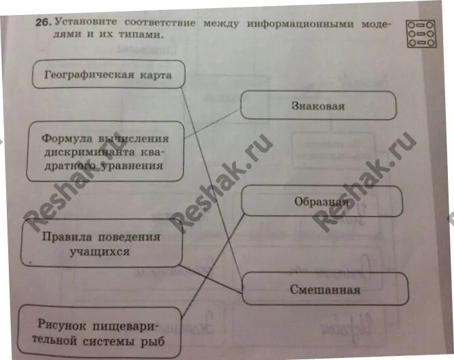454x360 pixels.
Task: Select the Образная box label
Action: tap(322, 201)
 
